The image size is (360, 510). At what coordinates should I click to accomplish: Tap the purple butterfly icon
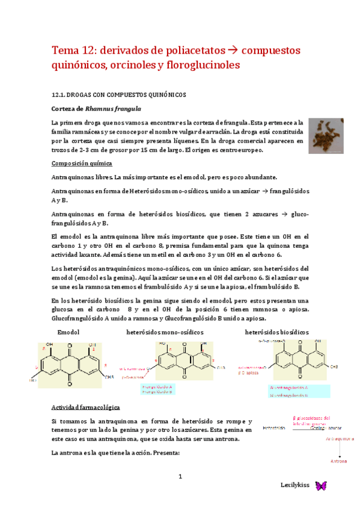(x=320, y=485)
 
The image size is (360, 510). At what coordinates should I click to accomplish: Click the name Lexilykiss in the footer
(x=295, y=485)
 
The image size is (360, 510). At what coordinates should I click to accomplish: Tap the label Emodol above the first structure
(x=68, y=332)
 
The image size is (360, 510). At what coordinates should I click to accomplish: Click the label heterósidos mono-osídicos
(x=165, y=332)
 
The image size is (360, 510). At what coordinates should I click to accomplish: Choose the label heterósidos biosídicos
(x=277, y=332)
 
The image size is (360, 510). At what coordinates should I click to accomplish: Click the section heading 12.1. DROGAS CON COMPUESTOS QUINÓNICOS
(x=119, y=94)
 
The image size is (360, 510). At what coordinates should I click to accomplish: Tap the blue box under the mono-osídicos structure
(x=157, y=389)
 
